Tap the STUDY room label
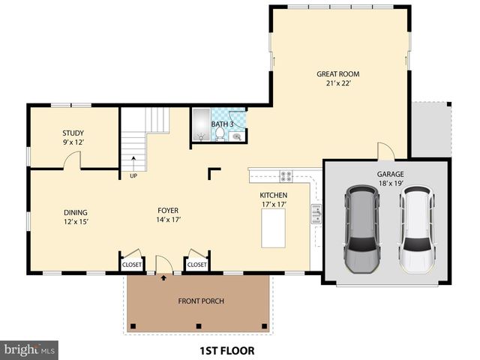(73, 133)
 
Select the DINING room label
(75, 211)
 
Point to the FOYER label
(167, 211)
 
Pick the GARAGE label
(390, 173)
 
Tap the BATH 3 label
(222, 124)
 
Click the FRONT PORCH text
(201, 301)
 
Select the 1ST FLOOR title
(226, 350)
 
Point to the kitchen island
(274, 228)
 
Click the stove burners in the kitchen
(286, 177)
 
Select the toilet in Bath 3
(220, 135)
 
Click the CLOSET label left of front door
(132, 264)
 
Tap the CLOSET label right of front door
(196, 264)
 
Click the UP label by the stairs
(133, 177)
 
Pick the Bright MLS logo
(30, 349)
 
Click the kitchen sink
(316, 216)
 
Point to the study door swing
(73, 159)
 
